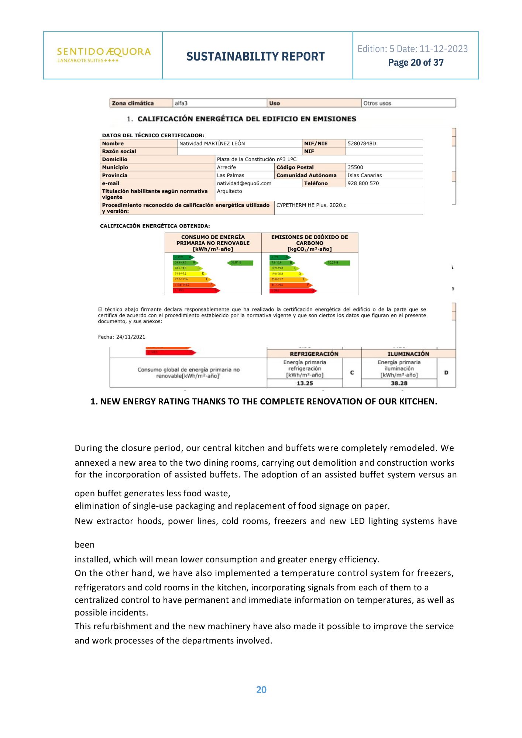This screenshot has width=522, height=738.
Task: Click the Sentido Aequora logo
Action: click(104, 55)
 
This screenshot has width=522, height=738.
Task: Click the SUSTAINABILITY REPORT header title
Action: click(255, 56)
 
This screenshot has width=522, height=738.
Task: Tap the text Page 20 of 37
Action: click(416, 63)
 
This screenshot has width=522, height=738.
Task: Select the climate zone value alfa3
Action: click(181, 103)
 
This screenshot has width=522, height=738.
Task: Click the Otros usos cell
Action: click(377, 103)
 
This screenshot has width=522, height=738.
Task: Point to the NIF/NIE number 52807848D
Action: click(361, 144)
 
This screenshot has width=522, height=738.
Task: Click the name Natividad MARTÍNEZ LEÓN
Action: click(212, 144)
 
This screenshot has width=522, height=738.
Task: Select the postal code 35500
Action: click(355, 167)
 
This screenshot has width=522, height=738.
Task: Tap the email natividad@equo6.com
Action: click(244, 183)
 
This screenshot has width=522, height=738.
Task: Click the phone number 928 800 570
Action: click(363, 183)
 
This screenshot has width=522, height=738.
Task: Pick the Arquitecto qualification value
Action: click(229, 191)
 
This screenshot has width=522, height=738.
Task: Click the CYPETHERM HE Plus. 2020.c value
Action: click(311, 205)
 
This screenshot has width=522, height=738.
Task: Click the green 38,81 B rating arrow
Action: click(240, 263)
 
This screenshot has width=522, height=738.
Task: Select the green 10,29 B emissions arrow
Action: click(336, 263)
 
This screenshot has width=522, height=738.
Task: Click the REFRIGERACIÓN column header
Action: click(314, 354)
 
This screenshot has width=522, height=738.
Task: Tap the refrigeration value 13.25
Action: click(305, 383)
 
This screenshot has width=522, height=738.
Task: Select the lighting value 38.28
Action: click(399, 383)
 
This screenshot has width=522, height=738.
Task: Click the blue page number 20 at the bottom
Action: click(261, 690)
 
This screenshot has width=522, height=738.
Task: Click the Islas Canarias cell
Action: click(364, 175)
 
